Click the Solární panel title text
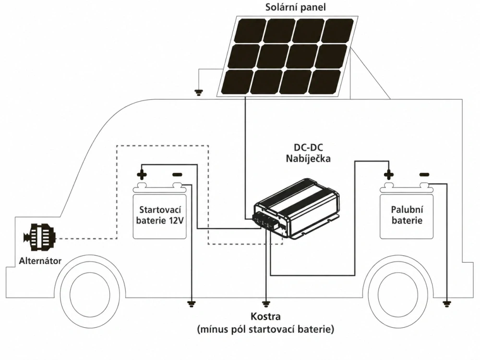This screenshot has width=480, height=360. tap(295, 7)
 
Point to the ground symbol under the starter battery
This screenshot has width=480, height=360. tap(192, 303)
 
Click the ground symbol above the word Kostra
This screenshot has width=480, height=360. tap(265, 303)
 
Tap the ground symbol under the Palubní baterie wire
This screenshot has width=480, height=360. tap(447, 303)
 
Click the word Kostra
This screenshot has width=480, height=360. tap(265, 318)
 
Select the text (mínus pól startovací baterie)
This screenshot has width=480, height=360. tap(265, 330)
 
